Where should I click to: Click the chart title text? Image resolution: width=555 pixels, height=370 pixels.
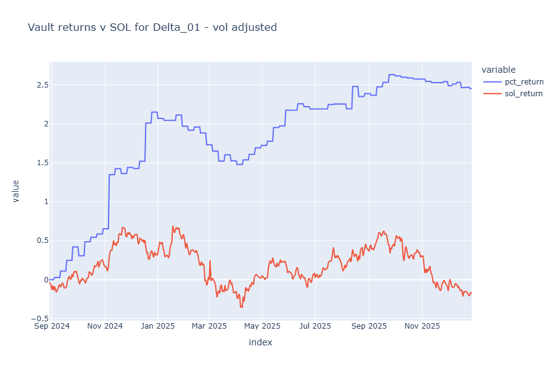[x=152, y=27]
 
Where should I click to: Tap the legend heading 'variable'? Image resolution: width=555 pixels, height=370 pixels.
[x=498, y=70]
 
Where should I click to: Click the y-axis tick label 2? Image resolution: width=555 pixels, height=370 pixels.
[x=43, y=124]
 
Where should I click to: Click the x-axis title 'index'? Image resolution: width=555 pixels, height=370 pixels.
[x=260, y=342]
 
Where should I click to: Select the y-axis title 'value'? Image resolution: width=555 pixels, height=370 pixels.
[x=15, y=191]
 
